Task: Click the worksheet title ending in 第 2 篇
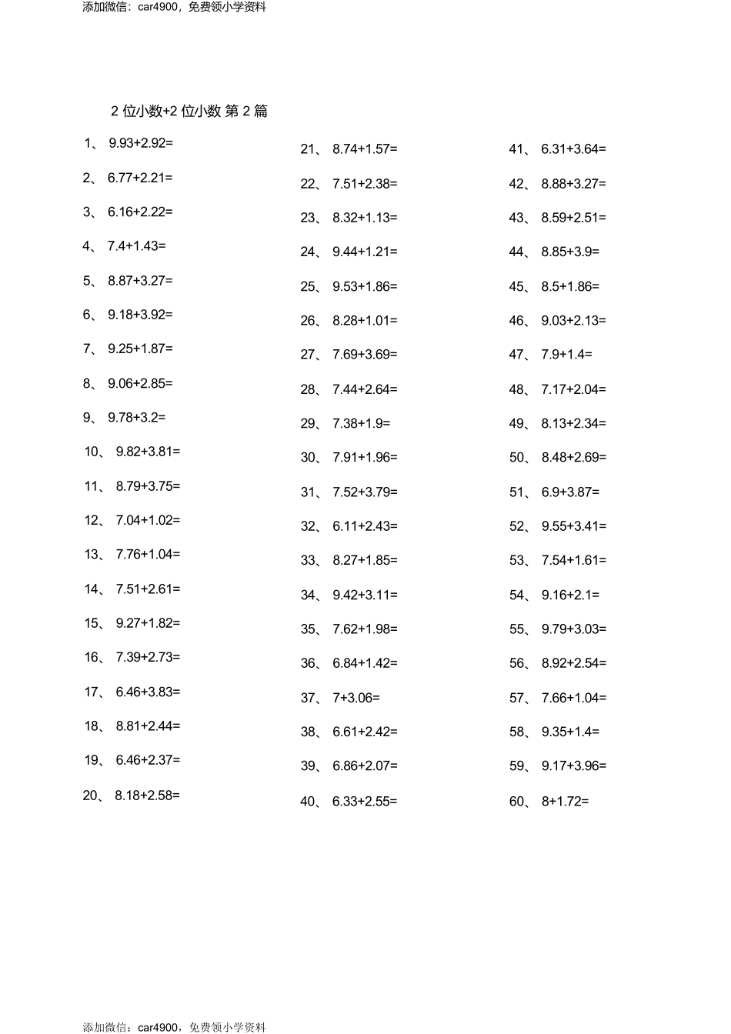click(189, 111)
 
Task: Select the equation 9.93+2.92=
click(141, 142)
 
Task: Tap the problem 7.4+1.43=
click(136, 246)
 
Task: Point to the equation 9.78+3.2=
click(136, 417)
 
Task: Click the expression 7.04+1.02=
click(148, 520)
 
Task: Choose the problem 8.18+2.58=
click(147, 795)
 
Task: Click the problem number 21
click(309, 149)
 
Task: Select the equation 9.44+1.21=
click(365, 252)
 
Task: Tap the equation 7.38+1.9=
click(361, 423)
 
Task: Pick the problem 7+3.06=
click(356, 698)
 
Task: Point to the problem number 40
click(309, 802)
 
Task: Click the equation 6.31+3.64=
click(573, 149)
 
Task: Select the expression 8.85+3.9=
click(570, 252)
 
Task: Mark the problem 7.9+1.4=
click(566, 355)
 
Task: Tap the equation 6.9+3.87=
click(570, 492)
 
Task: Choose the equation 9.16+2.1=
click(570, 595)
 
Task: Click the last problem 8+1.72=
click(565, 802)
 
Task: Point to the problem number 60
click(517, 802)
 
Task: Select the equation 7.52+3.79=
click(365, 492)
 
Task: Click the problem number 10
click(92, 452)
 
